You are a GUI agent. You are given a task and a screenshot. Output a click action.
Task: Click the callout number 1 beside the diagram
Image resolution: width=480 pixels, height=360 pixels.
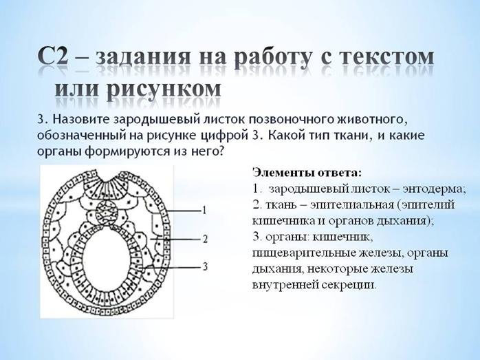coord(204,210)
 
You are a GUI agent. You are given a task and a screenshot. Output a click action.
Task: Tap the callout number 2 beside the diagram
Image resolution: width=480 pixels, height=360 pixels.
coord(205,239)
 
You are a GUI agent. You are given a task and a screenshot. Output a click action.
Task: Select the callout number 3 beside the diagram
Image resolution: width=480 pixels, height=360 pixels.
coord(205,266)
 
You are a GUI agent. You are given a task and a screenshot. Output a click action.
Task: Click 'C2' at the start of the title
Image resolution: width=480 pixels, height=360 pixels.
coord(53,56)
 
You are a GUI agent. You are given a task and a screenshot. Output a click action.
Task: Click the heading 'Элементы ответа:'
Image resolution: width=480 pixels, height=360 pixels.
coord(307,173)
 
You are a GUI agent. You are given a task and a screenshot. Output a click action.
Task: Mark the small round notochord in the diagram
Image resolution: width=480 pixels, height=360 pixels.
coord(107,212)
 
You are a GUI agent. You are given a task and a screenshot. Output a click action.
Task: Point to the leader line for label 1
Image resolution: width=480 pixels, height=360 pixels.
coord(183,211)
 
